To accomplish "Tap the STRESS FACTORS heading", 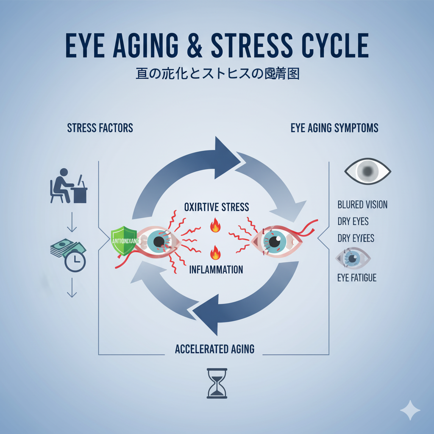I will coord(100,128).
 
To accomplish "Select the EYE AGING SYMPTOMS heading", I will coord(334,128).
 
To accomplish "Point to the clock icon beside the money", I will coord(75,262).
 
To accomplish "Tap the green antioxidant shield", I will coord(123,241).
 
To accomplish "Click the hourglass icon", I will coord(217,383).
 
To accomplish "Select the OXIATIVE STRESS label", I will coord(217,207).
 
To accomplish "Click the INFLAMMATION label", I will coord(216,269).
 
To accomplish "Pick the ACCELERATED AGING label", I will coord(214,349).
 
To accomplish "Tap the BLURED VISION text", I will coord(362,205).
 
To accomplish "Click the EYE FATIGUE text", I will coord(357,278).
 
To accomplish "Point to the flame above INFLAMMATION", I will coord(216,253).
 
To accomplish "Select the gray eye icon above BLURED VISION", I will coord(367,171).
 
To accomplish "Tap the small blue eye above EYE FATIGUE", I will coord(353,258).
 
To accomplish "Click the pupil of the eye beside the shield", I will coord(159,242).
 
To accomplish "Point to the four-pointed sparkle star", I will coord(410,410).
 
